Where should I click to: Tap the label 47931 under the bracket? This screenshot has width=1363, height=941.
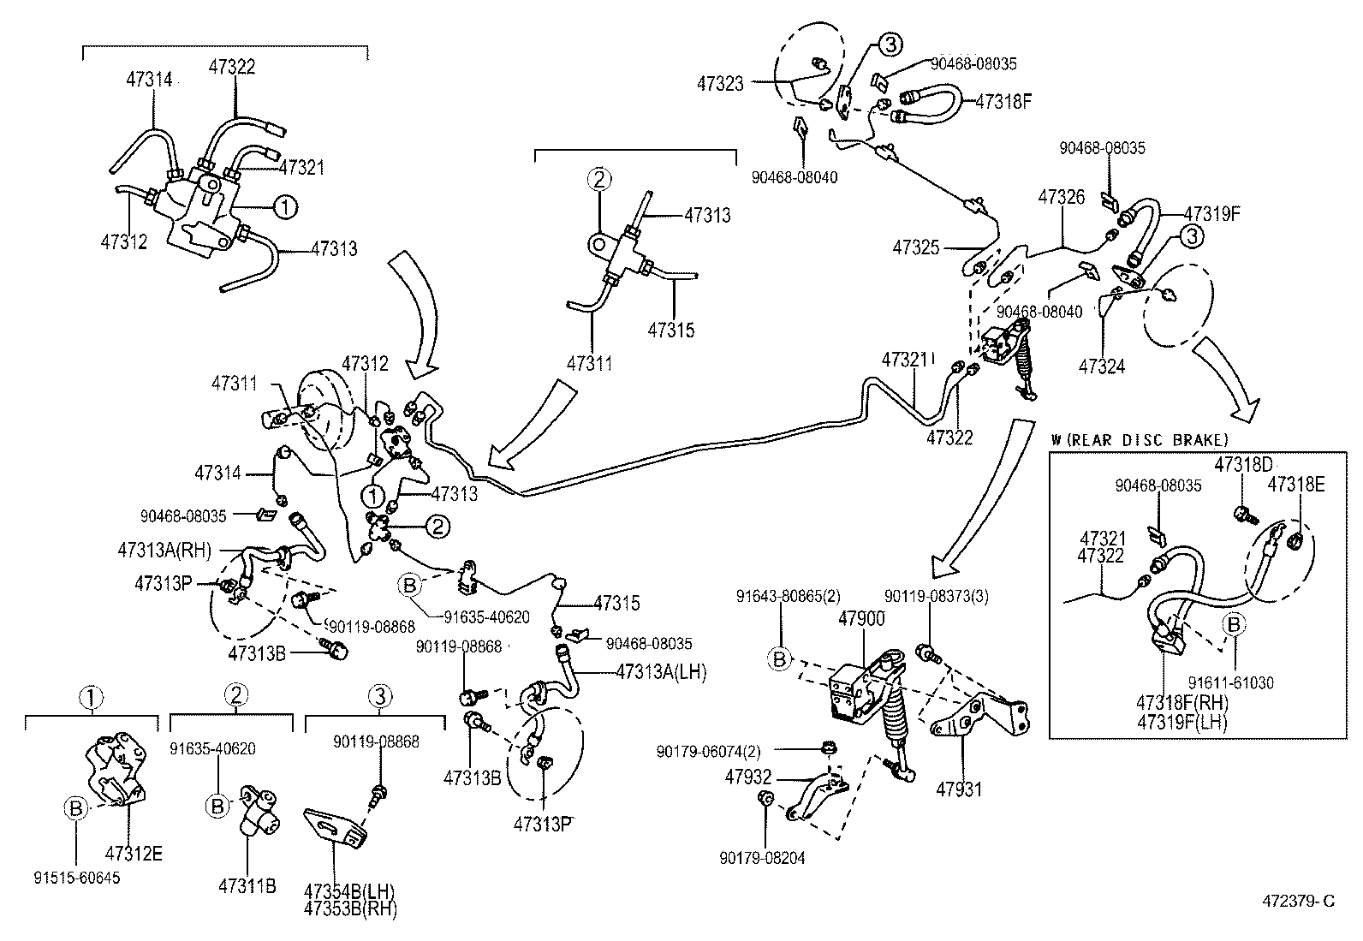(959, 789)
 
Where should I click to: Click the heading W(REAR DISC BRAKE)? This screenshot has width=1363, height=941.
(1140, 439)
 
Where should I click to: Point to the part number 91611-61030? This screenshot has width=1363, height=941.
(1230, 682)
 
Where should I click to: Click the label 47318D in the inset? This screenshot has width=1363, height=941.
(1244, 463)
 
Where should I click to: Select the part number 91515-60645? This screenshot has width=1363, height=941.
(77, 878)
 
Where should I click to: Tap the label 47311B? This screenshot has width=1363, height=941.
(247, 886)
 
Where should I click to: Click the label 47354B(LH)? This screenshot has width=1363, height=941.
(350, 890)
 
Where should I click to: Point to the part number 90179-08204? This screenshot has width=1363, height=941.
(762, 858)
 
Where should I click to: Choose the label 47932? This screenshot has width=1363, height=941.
(748, 777)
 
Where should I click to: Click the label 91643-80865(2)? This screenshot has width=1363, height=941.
(778, 597)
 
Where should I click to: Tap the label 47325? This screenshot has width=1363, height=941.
(916, 248)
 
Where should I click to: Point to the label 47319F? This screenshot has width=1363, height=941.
(1212, 213)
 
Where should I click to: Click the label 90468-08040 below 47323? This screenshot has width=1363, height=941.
(795, 177)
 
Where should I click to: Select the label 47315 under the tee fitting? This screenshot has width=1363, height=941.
(671, 330)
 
